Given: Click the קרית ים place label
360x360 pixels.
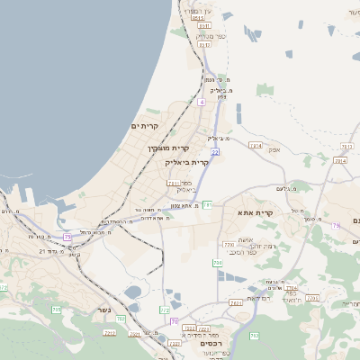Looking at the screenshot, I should [x=144, y=125].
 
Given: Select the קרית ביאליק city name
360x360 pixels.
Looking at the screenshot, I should [x=187, y=163].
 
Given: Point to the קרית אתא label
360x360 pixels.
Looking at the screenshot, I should [x=255, y=212].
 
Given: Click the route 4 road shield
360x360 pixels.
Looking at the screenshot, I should [x=202, y=103].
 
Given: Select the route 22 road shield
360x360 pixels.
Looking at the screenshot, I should [x=216, y=152].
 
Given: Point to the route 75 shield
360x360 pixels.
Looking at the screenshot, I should [x=67, y=237].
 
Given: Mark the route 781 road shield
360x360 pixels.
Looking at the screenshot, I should [x=207, y=205].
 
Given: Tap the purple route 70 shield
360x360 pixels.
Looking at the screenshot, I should [x=174, y=321].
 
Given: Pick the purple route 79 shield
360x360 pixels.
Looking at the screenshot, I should [x=335, y=226].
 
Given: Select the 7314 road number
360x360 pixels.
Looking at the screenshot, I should [x=256, y=144].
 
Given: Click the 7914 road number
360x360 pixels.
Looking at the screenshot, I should [x=339, y=161].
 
